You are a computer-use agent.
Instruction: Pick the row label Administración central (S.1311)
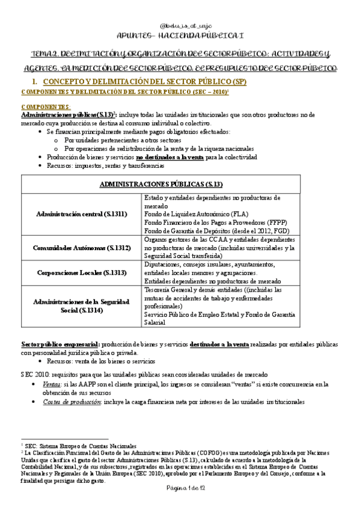point(81,214)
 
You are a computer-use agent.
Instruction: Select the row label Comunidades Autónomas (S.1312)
point(81,247)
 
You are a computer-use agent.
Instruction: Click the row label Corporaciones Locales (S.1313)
point(81,272)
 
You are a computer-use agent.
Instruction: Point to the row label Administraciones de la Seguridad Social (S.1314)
point(81,306)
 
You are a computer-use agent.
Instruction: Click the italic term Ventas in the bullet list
point(52,383)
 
